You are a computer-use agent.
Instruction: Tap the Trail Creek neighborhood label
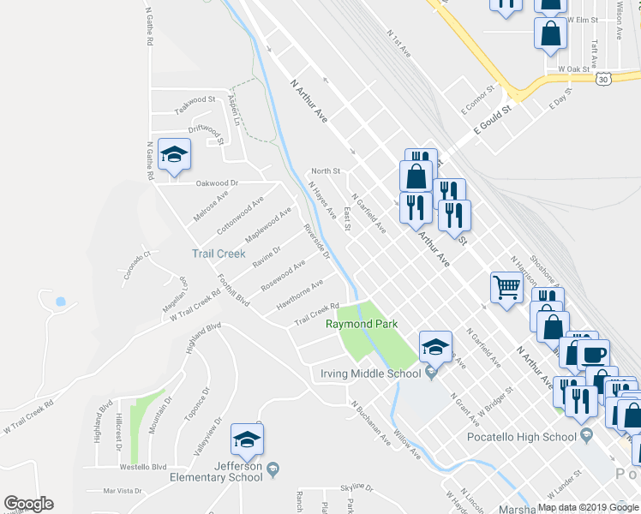(218, 254)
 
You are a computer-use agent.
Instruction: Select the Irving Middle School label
(370, 374)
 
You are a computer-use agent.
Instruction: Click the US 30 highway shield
(603, 78)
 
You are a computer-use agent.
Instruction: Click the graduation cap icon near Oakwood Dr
(175, 154)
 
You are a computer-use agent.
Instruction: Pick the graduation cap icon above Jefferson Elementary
(247, 439)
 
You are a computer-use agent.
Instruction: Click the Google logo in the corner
(28, 505)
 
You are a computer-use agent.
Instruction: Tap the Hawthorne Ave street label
(300, 295)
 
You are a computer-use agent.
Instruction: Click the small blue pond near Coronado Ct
(59, 302)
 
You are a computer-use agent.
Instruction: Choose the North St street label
(326, 171)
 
